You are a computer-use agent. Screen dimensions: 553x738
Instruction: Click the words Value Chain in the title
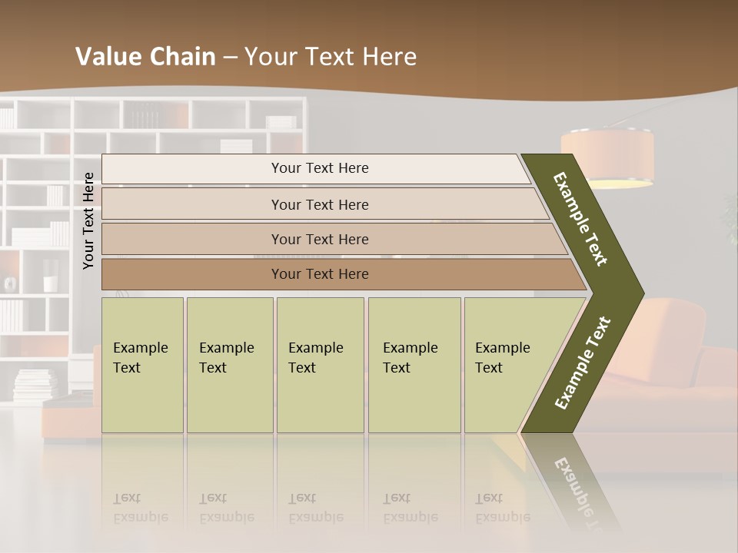[145, 57]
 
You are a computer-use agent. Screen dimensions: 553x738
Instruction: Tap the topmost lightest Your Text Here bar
[320, 168]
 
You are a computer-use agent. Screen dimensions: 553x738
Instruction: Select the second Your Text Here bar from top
[320, 204]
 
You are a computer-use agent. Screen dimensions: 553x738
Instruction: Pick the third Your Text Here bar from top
[320, 239]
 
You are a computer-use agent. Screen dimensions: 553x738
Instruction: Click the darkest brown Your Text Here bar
[320, 274]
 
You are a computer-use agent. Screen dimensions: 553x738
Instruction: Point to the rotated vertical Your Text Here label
[89, 220]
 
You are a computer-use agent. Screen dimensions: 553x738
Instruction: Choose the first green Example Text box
[142, 365]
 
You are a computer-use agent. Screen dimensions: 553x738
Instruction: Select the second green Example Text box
[229, 365]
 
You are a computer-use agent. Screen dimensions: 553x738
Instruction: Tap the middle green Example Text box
[320, 365]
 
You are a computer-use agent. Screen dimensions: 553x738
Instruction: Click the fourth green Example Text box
[414, 365]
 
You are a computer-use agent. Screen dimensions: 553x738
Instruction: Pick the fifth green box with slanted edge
[507, 365]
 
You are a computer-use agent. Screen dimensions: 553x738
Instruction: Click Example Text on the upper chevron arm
[580, 219]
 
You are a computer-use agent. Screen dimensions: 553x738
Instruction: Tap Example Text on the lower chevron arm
[583, 363]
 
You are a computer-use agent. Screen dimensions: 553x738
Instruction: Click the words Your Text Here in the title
[331, 57]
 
